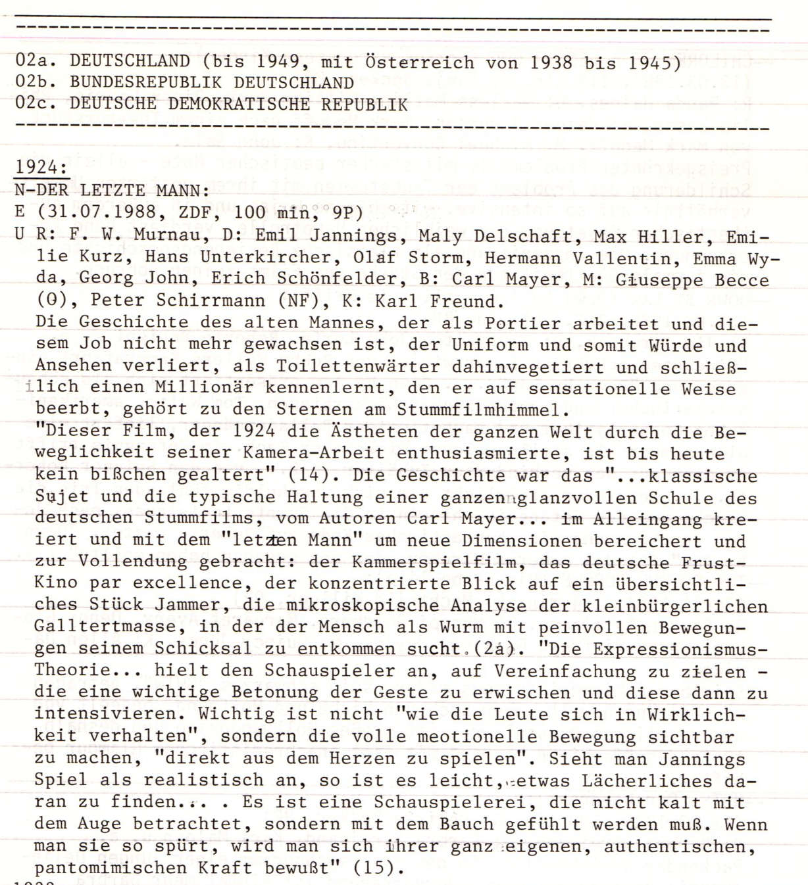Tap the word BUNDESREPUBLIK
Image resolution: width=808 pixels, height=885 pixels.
tap(146, 84)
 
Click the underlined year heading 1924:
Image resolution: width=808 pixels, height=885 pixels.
tap(41, 167)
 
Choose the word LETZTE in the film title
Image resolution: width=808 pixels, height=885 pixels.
tap(112, 191)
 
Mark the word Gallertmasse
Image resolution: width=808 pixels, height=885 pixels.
tap(105, 627)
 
